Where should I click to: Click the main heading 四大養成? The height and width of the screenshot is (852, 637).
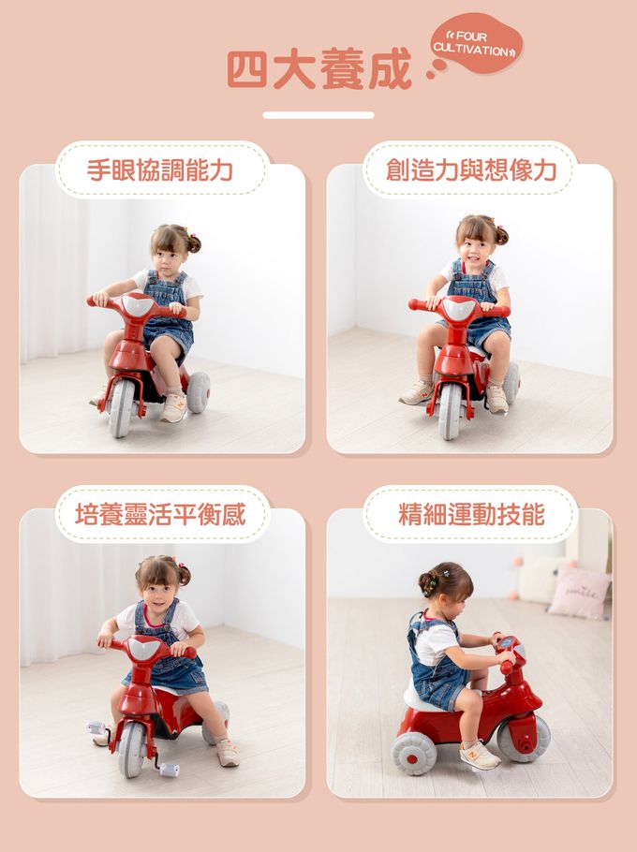(x=319, y=69)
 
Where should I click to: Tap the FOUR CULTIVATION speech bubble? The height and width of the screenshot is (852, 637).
(x=476, y=43)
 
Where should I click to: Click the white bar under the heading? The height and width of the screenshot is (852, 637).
(x=318, y=115)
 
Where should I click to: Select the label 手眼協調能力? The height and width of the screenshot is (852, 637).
(x=160, y=170)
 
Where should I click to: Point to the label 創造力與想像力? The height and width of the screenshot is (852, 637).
(x=471, y=170)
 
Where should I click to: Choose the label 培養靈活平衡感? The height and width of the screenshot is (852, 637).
(x=160, y=514)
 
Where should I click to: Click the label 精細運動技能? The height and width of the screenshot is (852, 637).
(x=471, y=514)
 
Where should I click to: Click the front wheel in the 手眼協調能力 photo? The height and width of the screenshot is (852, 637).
(x=121, y=407)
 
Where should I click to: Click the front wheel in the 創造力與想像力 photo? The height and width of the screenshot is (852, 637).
(x=450, y=411)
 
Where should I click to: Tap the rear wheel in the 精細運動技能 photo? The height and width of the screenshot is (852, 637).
(x=414, y=754)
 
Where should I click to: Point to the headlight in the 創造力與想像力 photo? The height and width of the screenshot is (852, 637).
(x=460, y=309)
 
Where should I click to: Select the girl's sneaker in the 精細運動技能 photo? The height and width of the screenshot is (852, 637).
(x=480, y=756)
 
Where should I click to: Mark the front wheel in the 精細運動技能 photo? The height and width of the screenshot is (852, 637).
(x=523, y=738)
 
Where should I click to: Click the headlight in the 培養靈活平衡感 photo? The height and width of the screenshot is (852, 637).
(x=144, y=648)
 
